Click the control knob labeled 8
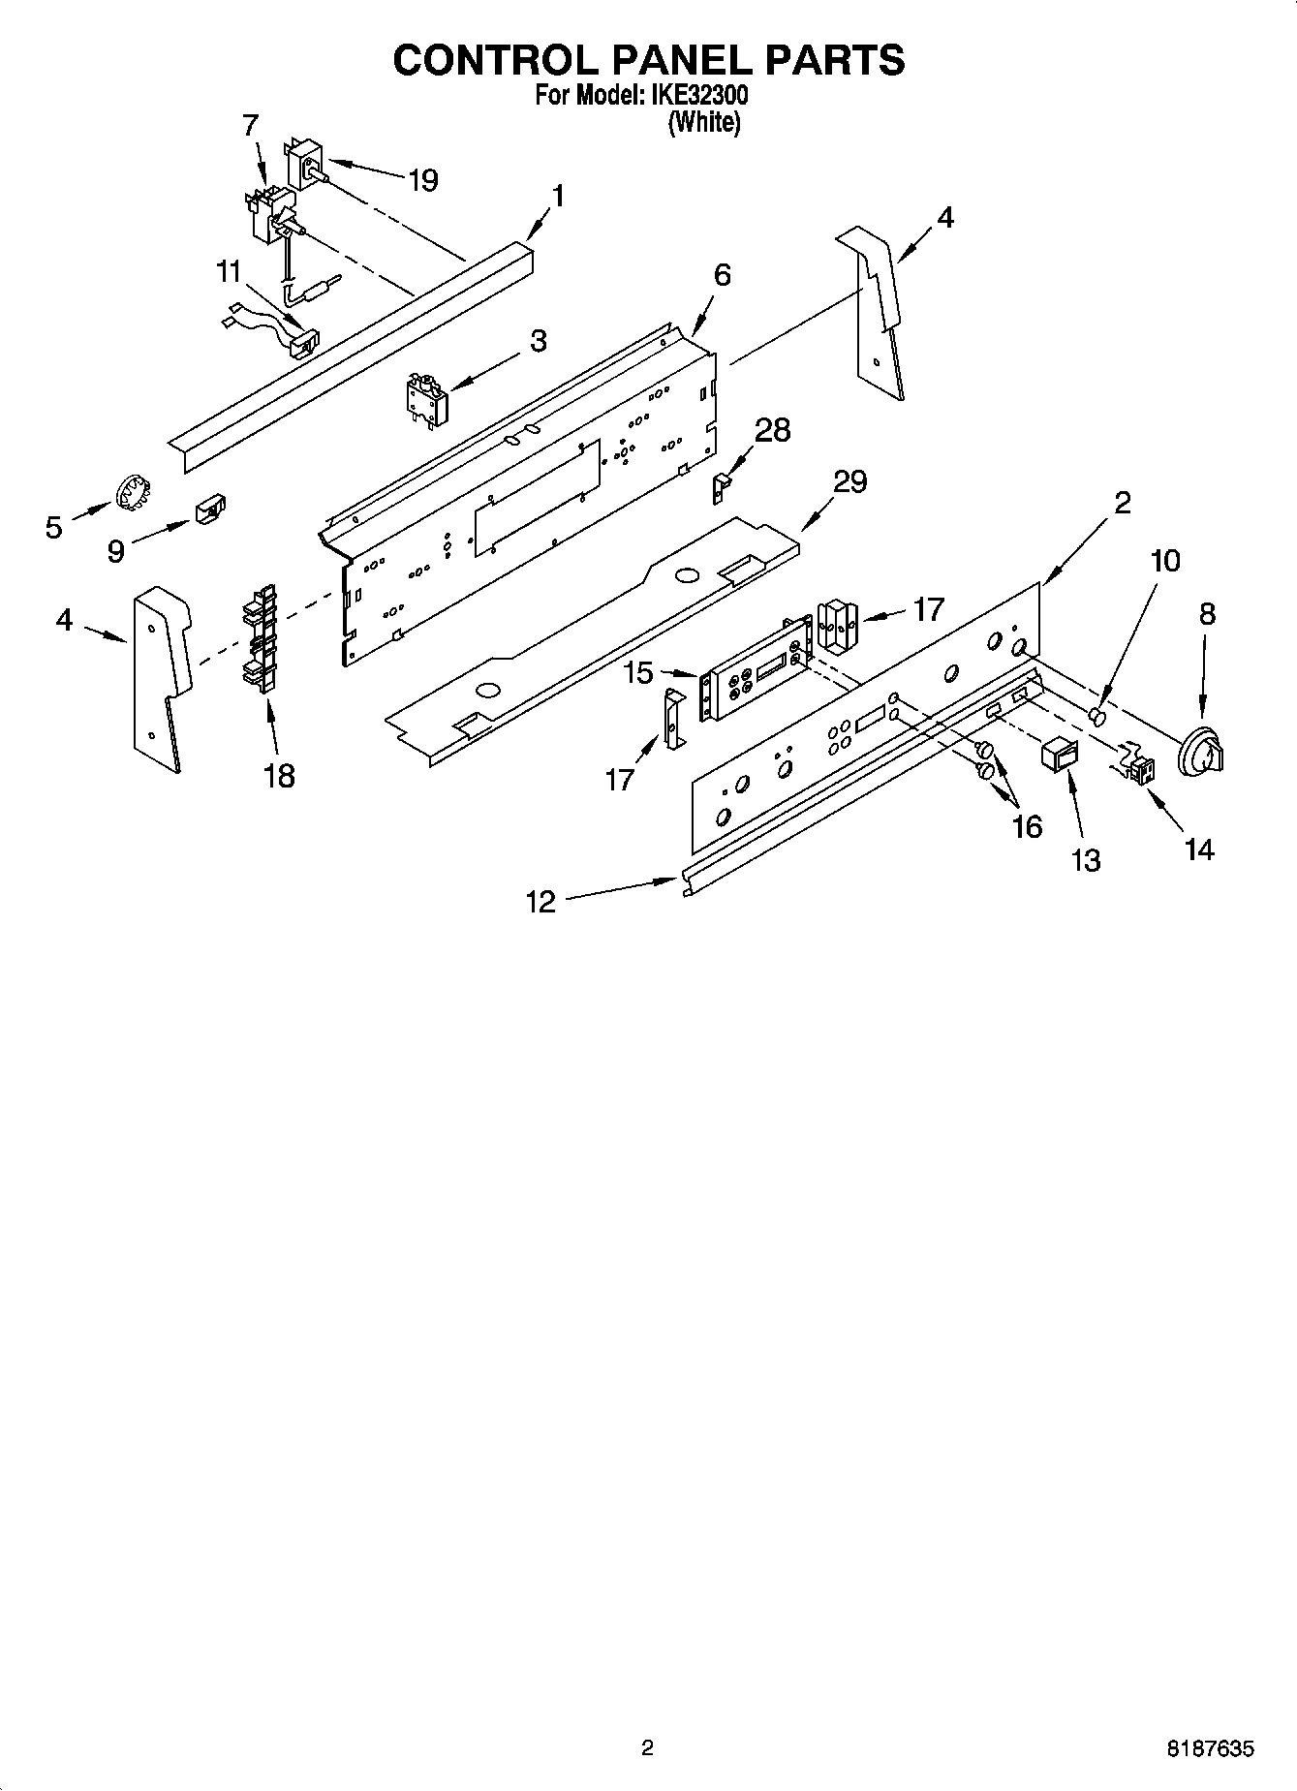click(x=1200, y=752)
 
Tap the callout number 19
click(x=423, y=180)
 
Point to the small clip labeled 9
click(x=211, y=509)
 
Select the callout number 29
click(x=849, y=481)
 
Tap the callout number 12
click(x=540, y=902)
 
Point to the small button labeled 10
click(x=1097, y=717)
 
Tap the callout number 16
click(x=1027, y=825)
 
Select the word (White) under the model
click(x=704, y=123)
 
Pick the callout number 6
click(x=722, y=275)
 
